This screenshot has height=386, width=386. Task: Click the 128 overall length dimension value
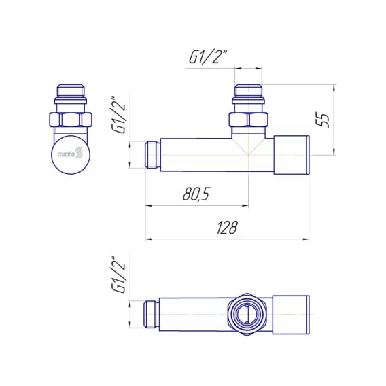click(x=227, y=227)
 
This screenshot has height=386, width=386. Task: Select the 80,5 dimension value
click(x=196, y=194)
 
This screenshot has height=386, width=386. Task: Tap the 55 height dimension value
click(x=322, y=120)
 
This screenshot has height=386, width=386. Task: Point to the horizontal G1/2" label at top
click(x=208, y=57)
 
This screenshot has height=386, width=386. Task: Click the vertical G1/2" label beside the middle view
click(x=119, y=115)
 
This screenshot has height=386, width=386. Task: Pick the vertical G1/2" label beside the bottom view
click(x=119, y=274)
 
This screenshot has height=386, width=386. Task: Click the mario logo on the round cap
click(x=70, y=154)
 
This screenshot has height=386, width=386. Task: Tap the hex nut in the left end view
click(x=71, y=120)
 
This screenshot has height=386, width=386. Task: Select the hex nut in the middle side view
click(x=248, y=120)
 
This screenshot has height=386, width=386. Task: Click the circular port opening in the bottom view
click(x=247, y=314)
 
